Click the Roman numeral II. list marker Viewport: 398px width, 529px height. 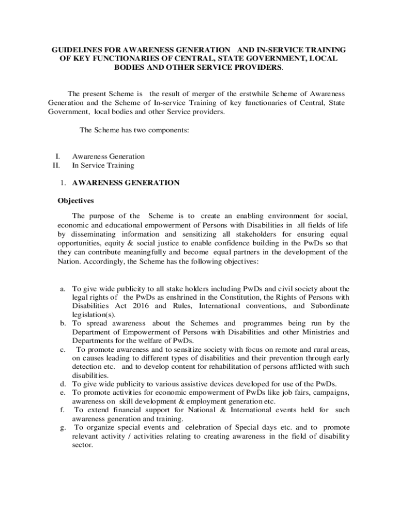(x=56, y=165)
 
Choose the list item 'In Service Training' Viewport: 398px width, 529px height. (x=103, y=165)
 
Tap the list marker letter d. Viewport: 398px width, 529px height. (x=62, y=384)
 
